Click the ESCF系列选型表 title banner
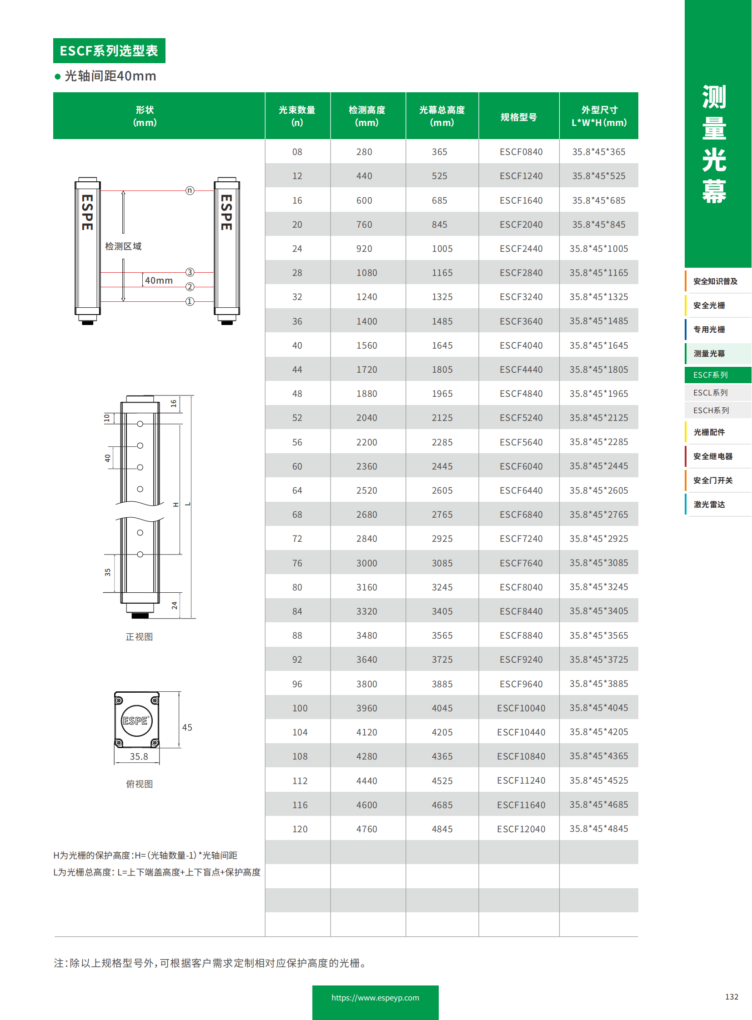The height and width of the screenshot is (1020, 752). (x=109, y=50)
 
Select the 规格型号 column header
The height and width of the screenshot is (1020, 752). (x=518, y=117)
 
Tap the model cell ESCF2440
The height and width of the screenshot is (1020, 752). (x=521, y=249)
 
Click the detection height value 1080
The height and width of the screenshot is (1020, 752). (x=366, y=273)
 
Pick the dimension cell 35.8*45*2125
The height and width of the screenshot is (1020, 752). (x=598, y=417)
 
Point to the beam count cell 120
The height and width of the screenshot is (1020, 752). (x=300, y=829)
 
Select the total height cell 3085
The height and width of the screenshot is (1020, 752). (x=441, y=563)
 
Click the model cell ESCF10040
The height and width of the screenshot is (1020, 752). (x=521, y=708)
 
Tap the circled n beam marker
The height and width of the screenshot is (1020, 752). (x=190, y=190)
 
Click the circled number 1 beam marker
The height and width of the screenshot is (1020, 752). (x=190, y=301)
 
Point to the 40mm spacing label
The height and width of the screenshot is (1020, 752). (x=158, y=280)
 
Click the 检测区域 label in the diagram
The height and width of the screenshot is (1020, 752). (x=123, y=246)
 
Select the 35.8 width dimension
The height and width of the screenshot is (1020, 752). (x=139, y=756)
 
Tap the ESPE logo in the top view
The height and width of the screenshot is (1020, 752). (x=136, y=720)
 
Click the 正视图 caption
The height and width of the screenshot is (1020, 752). (x=139, y=637)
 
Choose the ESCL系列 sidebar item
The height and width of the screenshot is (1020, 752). (x=710, y=392)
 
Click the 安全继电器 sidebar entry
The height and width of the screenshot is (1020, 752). (x=712, y=456)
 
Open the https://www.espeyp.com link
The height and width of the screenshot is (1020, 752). (x=375, y=998)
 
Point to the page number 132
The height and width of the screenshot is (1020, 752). (x=731, y=997)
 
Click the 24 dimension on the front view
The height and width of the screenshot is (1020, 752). (x=174, y=605)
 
